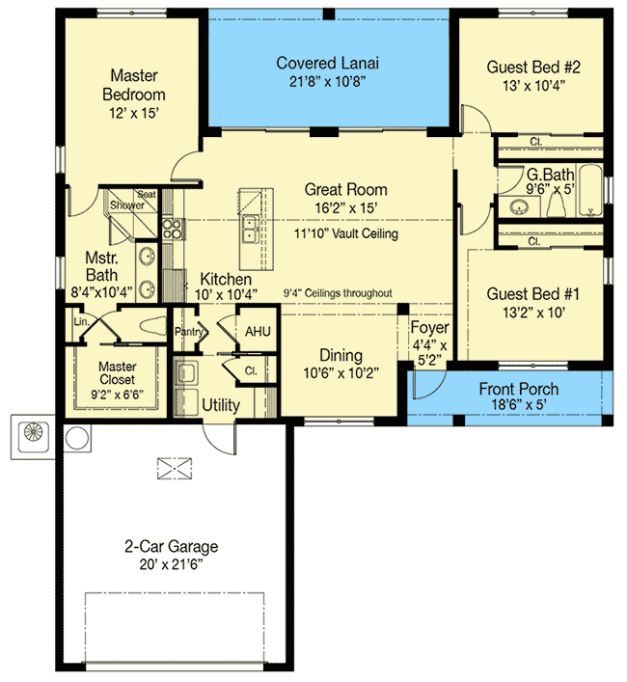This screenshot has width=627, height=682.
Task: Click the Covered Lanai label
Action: coord(327,63)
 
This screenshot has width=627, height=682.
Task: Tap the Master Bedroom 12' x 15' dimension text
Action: coord(134,113)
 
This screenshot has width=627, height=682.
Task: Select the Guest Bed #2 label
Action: coord(533,67)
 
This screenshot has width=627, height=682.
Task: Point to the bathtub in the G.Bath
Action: coord(590,190)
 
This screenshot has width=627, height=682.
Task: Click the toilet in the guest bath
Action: coord(557,205)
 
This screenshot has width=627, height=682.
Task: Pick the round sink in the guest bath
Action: coord(518,207)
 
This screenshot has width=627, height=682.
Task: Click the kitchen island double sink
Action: coord(251,229)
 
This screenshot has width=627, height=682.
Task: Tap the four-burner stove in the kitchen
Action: coord(172,230)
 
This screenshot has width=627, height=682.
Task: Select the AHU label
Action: coord(258,332)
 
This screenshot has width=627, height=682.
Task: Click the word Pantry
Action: coord(188,332)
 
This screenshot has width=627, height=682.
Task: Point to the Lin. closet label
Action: coord(81,322)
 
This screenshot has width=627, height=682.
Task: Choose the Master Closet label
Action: coord(117,372)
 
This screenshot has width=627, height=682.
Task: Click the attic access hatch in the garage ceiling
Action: coord(174,469)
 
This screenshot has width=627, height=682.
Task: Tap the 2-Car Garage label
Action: coord(172,546)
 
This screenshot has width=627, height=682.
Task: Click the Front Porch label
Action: coord(518,389)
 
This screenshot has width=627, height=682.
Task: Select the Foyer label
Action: coord(429,327)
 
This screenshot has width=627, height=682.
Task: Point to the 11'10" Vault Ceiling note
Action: coord(346,233)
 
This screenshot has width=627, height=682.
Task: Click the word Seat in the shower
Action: coord(147,195)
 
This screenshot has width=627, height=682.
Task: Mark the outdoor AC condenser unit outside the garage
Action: coord(33,437)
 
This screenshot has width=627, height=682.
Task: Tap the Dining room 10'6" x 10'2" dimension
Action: coord(341,373)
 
